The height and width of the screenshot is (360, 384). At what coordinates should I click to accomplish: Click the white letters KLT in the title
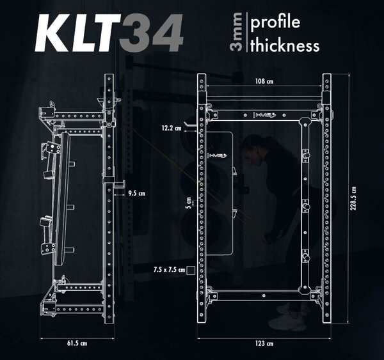78,33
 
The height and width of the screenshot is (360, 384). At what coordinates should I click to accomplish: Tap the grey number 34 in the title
151,33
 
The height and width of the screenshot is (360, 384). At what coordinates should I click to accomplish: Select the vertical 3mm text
237,32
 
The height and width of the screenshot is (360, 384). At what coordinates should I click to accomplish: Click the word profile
275,22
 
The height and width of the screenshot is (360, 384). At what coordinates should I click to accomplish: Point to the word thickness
285,45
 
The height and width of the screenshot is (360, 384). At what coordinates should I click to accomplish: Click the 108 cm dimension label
264,81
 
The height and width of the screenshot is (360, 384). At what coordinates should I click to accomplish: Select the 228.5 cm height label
353,198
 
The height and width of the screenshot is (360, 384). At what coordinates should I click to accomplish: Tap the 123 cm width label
264,343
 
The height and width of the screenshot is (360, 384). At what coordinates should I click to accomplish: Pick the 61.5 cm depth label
77,343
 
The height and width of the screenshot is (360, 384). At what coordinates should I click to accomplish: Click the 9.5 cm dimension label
137,193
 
